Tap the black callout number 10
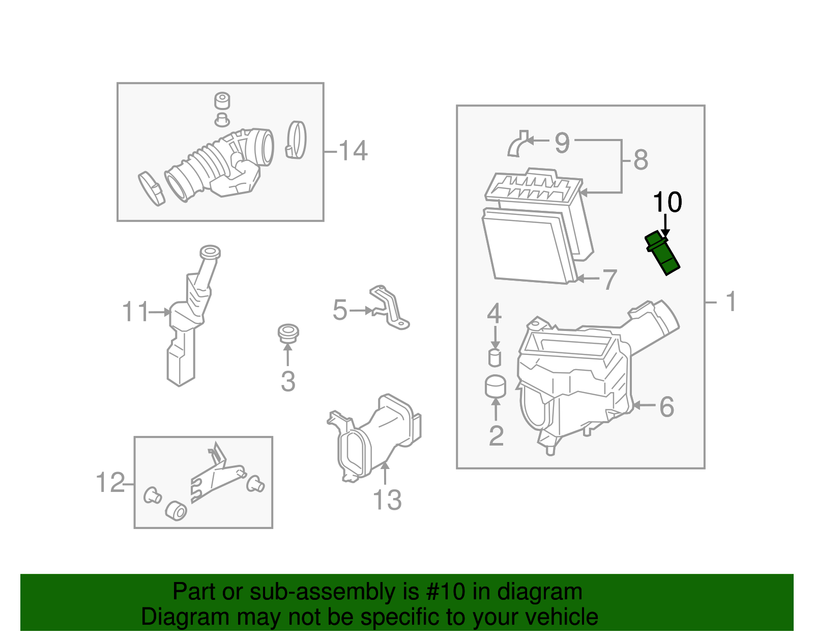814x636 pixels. coord(667,202)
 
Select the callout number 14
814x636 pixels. coord(353,151)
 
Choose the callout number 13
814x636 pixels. coord(387,500)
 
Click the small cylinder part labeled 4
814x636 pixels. coord(495,357)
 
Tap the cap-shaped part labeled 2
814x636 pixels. coord(496,387)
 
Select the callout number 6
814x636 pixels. coord(666,407)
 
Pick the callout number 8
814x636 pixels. coord(641,160)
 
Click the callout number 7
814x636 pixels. coord(609,280)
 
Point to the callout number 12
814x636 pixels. coord(110,482)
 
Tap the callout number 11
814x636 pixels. coord(135,312)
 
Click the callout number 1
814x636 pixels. coord(731,301)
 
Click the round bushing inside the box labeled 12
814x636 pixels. coord(176,510)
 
